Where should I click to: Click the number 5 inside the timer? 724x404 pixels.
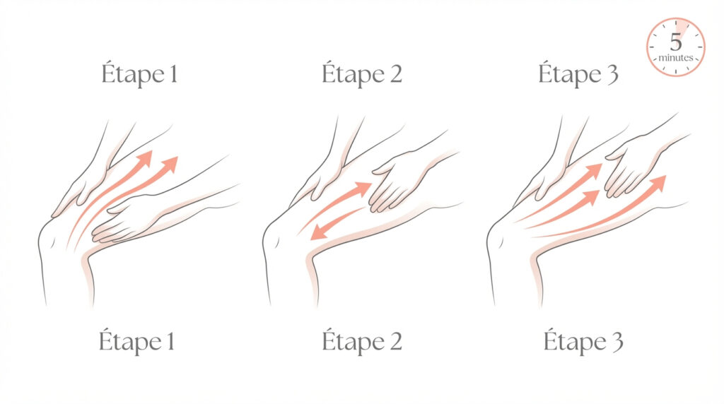point(676,42)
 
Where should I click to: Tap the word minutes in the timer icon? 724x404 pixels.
point(675,58)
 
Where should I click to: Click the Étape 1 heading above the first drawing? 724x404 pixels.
point(139,73)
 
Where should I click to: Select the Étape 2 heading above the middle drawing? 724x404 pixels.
point(361,73)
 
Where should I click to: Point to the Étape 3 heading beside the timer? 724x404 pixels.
point(578,73)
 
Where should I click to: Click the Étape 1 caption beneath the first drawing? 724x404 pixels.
point(136,341)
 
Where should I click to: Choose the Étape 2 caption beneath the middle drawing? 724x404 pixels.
point(361,341)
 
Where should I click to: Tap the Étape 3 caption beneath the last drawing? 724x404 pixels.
point(583,341)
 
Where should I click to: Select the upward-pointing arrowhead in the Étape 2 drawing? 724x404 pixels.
point(363,188)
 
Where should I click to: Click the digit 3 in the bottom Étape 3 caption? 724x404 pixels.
point(617,343)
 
